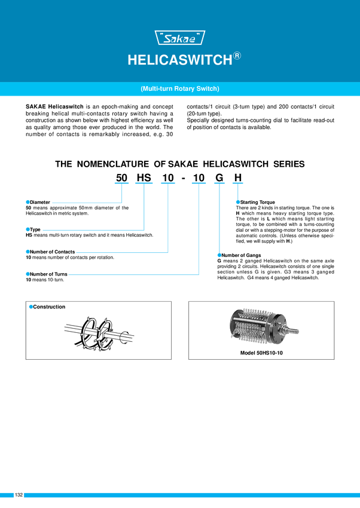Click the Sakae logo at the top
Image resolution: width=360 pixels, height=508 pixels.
point(180,39)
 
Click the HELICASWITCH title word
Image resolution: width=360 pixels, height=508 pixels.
point(179,61)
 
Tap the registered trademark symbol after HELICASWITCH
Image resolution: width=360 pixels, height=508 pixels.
point(237,56)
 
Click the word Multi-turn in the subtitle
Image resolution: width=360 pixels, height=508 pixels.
point(157,89)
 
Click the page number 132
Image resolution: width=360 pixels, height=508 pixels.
point(19,495)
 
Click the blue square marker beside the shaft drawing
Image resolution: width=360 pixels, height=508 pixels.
point(30,307)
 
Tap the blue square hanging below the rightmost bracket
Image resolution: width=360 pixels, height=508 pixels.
point(237,201)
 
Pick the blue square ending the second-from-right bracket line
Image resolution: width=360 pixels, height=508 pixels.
point(218,255)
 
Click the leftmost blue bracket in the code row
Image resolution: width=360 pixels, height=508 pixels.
point(121,182)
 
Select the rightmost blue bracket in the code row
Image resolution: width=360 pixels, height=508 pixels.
point(237,182)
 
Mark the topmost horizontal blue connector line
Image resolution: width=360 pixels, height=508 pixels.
point(87,203)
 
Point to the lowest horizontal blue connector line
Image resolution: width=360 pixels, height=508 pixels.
point(134,275)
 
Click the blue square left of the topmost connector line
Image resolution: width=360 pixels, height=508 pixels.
point(27,202)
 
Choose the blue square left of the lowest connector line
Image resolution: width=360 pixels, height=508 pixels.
point(27,274)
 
